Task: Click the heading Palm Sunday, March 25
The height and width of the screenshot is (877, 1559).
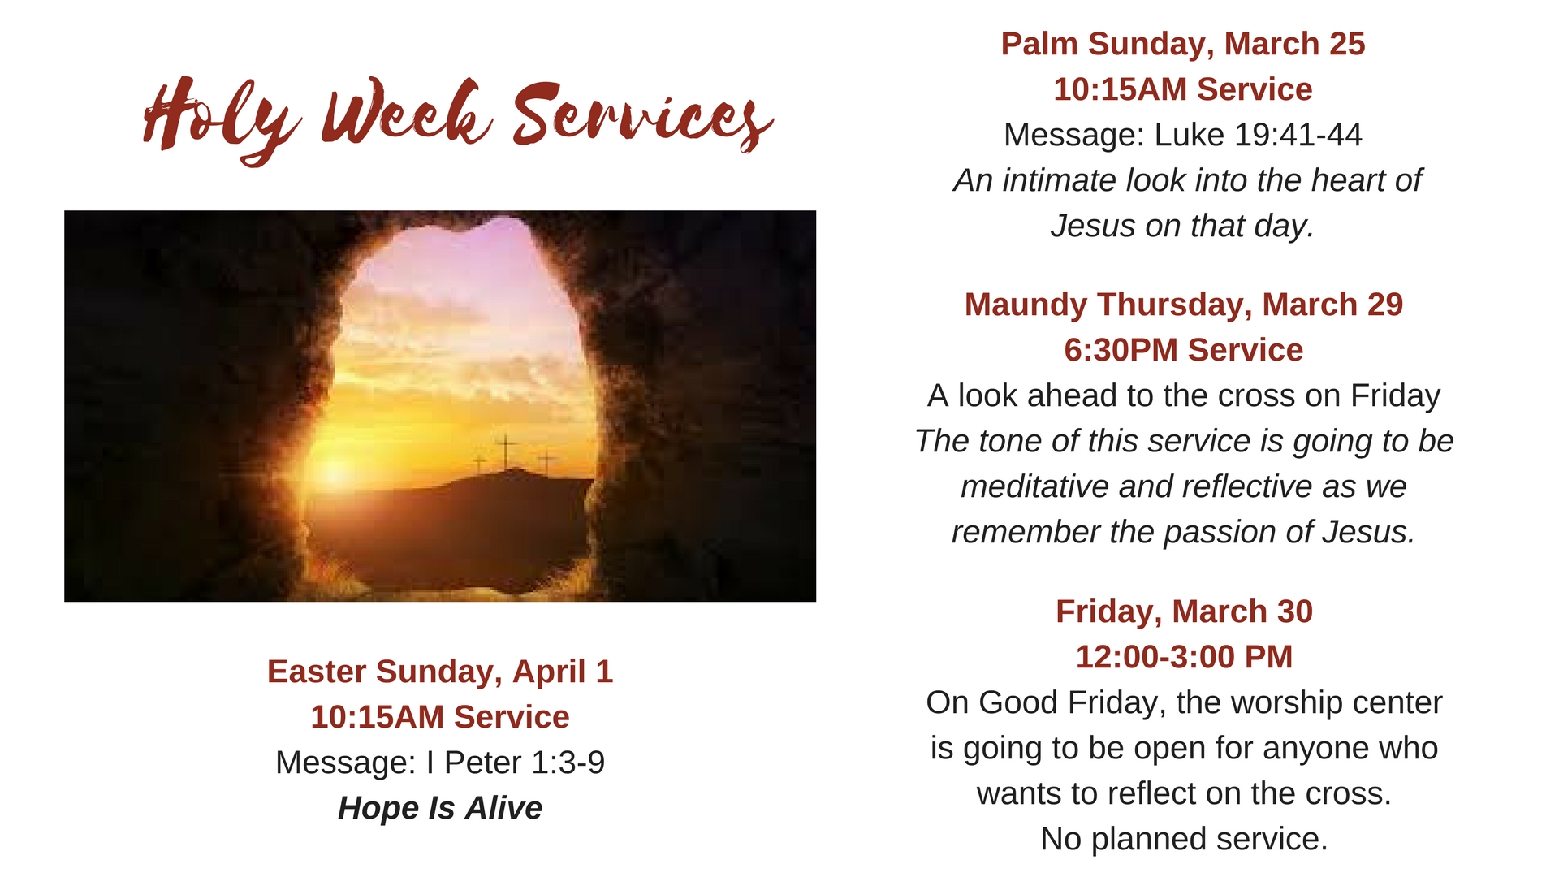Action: click(x=1182, y=44)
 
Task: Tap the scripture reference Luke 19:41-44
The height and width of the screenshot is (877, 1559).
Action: click(x=1257, y=135)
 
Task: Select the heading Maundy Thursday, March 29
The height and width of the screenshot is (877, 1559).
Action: click(x=1183, y=305)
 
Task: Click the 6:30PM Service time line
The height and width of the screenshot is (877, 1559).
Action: click(x=1183, y=350)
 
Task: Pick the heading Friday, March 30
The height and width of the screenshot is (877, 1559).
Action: click(x=1183, y=611)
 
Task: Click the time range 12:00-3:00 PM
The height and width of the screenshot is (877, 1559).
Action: click(x=1183, y=657)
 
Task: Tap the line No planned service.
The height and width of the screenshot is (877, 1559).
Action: click(x=1183, y=839)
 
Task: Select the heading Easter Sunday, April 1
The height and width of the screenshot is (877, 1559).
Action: click(x=439, y=672)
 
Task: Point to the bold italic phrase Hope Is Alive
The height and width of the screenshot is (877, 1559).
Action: click(x=439, y=808)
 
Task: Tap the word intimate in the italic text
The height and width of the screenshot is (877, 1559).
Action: click(x=1057, y=180)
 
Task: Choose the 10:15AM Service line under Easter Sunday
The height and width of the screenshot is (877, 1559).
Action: click(x=439, y=717)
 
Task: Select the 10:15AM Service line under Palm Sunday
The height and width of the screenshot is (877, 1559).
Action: click(x=1182, y=89)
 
